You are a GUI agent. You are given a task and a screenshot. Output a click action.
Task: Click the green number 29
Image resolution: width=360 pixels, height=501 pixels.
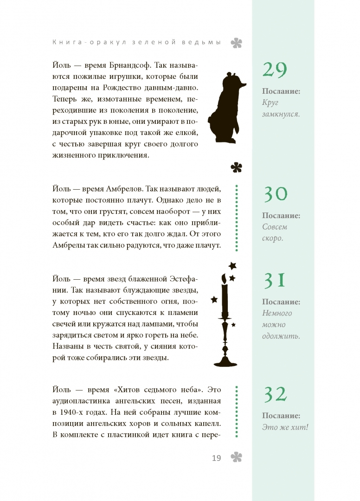click(x=275, y=70)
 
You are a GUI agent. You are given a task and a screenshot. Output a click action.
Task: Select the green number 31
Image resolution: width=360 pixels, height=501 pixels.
click(x=275, y=281)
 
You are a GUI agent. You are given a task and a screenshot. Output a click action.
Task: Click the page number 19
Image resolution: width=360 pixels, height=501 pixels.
click(x=216, y=458)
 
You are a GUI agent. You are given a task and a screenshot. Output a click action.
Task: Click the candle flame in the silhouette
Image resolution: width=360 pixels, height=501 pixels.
click(x=224, y=278)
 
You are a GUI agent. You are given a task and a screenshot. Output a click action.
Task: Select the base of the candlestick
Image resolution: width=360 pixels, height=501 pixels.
click(x=225, y=360)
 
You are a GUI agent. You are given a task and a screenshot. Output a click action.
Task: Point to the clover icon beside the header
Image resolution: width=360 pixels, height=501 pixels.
click(x=237, y=43)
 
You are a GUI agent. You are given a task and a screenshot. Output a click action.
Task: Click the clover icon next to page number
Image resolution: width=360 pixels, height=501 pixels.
click(x=237, y=457)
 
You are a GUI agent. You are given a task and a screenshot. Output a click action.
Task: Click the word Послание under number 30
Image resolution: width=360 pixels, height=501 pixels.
click(x=281, y=216)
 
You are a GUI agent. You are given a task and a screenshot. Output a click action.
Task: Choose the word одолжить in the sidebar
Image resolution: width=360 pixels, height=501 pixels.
click(x=281, y=336)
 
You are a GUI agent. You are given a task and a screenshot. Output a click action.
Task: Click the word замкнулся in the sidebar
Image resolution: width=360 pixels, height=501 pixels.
click(x=281, y=114)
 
